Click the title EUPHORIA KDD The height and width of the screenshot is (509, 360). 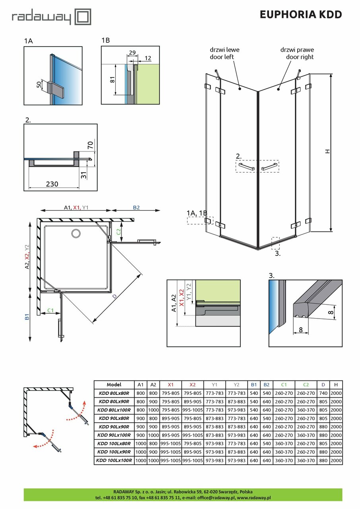pyautogui.click(x=300, y=15)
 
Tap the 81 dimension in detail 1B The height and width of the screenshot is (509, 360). pyautogui.click(x=112, y=80)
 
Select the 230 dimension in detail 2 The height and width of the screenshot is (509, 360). pyautogui.click(x=52, y=184)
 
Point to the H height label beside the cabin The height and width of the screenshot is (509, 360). pyautogui.click(x=327, y=152)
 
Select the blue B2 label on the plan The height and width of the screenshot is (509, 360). pyautogui.click(x=136, y=207)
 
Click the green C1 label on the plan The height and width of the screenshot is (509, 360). pyautogui.click(x=50, y=310)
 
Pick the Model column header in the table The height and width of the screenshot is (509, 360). pyautogui.click(x=114, y=385)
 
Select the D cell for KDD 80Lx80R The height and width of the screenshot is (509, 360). pyautogui.click(x=323, y=393)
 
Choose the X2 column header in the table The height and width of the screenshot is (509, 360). pyautogui.click(x=193, y=385)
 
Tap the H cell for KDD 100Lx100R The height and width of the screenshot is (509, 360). pyautogui.click(x=336, y=460)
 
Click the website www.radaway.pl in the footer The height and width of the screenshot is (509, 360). pyautogui.click(x=254, y=497)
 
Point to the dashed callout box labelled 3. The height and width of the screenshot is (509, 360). pyautogui.click(x=275, y=243)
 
